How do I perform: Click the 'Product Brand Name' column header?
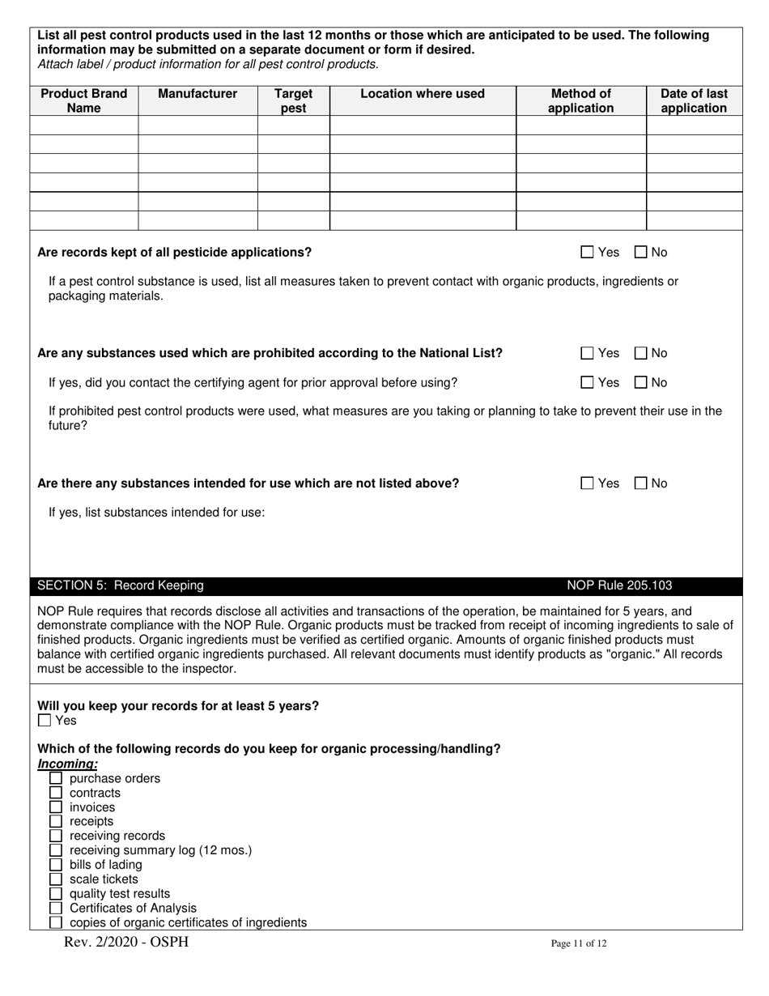coord(84,100)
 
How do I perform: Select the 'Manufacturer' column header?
coord(198,94)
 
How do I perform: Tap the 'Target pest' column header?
coord(293,100)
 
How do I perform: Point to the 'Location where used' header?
coord(423,94)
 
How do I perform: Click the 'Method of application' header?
coord(580,100)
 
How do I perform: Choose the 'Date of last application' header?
coord(694,100)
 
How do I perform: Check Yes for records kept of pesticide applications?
coord(588,253)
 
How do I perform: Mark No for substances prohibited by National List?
coord(641,353)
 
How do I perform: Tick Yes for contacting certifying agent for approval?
coord(588,382)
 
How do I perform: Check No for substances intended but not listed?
coord(641,483)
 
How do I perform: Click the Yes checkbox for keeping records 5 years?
coord(45,721)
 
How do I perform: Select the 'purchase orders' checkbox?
coord(56,779)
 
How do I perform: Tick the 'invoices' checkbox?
coord(56,807)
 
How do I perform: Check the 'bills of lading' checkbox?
coord(56,865)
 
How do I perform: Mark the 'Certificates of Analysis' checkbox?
coord(56,909)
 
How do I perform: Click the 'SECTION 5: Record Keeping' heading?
coord(121,585)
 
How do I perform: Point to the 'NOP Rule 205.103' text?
coord(619,585)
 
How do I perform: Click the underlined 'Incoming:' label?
coord(68,764)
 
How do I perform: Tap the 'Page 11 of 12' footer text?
coord(578,943)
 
